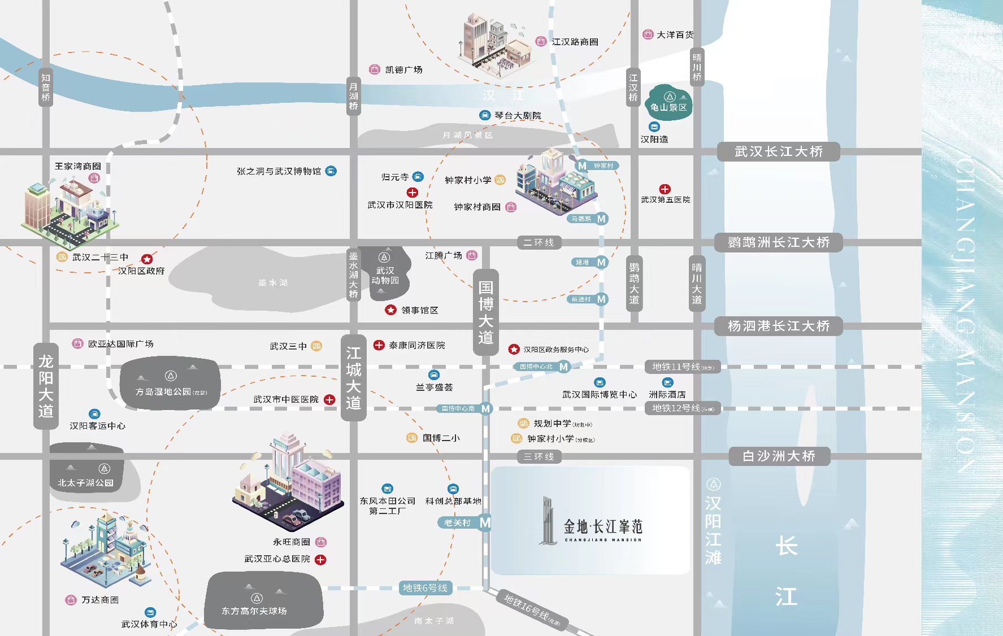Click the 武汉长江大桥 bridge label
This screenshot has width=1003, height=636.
[x=778, y=151]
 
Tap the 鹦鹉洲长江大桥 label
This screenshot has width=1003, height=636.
[x=778, y=242]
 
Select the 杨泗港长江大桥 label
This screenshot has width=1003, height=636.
[x=778, y=326]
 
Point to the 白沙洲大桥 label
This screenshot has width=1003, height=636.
[x=778, y=456]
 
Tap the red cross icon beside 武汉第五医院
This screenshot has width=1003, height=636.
[x=665, y=189]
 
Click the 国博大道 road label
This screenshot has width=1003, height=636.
[x=485, y=312]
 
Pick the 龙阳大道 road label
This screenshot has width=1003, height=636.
[x=46, y=386]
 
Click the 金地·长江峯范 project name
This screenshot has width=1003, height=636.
[x=603, y=527]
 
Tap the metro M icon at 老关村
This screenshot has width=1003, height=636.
[x=485, y=523]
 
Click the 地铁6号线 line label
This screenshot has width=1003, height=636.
[x=425, y=588]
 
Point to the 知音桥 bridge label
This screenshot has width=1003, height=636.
[x=46, y=87]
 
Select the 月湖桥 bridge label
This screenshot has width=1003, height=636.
[x=353, y=96]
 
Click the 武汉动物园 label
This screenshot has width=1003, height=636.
[x=385, y=275]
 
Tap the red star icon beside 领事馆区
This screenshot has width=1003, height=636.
[x=390, y=310]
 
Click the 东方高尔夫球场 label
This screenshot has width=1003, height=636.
[x=254, y=611]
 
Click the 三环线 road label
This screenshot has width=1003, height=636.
[x=539, y=456]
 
